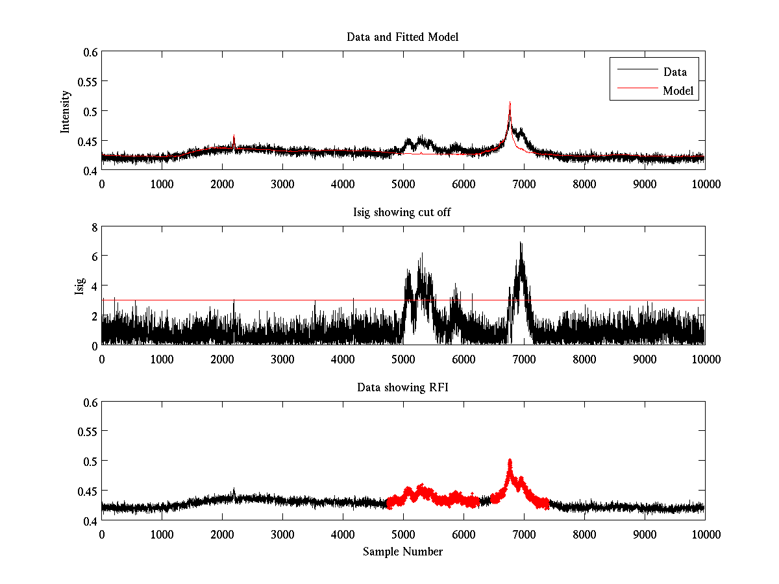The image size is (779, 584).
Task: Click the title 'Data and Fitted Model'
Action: (402, 37)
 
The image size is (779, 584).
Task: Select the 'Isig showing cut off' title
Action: (402, 213)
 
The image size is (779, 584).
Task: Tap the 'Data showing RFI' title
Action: (402, 387)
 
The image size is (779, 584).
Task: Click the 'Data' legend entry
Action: (674, 71)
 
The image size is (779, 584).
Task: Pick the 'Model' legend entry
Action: (678, 91)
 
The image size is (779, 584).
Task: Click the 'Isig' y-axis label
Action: (79, 286)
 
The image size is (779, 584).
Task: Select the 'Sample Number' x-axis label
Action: (402, 552)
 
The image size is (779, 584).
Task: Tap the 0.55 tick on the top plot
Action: (87, 82)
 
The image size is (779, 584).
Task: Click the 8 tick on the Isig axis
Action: (93, 227)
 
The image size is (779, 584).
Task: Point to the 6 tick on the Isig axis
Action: (93, 256)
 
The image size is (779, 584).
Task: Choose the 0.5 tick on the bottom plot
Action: (90, 461)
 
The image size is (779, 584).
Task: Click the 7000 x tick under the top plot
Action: (523, 184)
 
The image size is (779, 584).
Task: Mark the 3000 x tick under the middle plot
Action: (282, 359)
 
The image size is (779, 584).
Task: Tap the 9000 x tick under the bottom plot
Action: (644, 534)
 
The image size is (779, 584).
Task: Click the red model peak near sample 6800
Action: (510, 103)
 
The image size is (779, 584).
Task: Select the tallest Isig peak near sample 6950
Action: (521, 243)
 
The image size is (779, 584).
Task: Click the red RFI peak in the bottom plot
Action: (510, 461)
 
